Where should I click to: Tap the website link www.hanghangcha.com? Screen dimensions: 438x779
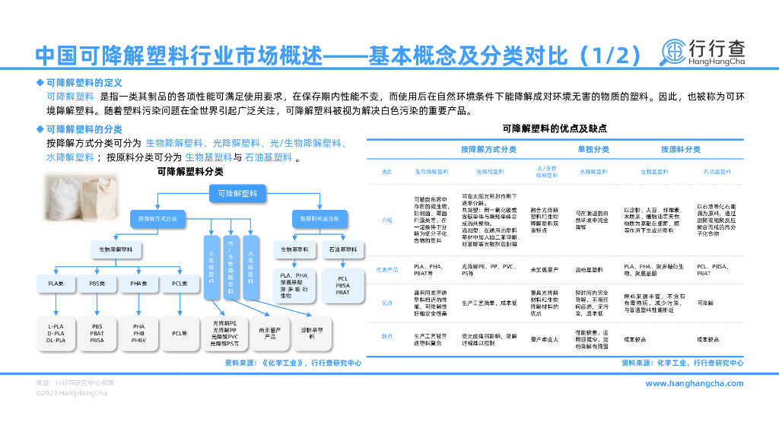click(694, 383)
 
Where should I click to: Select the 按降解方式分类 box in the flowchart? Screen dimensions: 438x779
click(158, 218)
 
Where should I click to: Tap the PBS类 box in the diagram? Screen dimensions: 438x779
click(97, 284)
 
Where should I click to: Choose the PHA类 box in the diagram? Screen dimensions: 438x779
click(138, 284)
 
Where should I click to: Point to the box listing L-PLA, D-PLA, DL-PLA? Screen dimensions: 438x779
click(56, 333)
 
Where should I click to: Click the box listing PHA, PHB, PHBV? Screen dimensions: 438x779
click(138, 333)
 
